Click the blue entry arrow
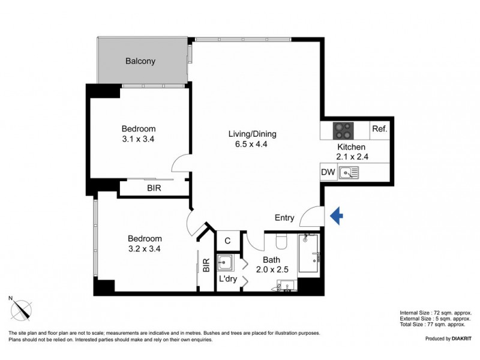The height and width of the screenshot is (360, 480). pos(337,216)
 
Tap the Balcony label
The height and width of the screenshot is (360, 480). pos(140,61)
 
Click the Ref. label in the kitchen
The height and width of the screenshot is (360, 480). pos(380,129)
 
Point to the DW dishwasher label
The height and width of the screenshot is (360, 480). pos(328,173)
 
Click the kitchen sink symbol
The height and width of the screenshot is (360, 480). pos(349,173)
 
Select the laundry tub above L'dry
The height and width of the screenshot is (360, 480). pos(226,263)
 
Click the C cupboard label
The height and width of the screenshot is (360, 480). pos(227,241)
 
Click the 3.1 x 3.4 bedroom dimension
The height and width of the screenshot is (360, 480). pos(139,139)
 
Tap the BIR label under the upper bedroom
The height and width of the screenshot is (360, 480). pos(154,188)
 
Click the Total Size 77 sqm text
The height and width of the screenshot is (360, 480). pos(436,324)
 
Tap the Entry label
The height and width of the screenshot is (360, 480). pos(284,218)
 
